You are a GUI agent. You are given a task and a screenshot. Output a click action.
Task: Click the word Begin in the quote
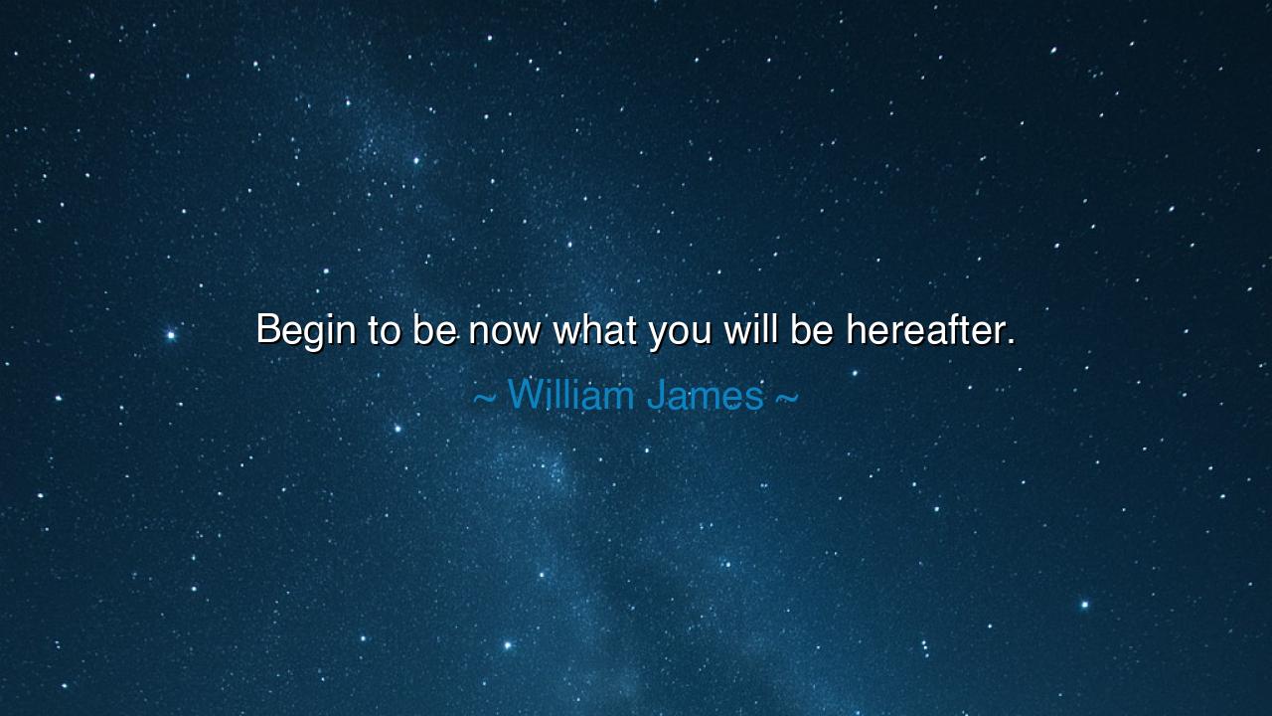[x=305, y=330]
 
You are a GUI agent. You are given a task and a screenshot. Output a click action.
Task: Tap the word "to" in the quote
[x=384, y=330]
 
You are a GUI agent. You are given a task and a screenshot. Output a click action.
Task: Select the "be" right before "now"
[x=434, y=330]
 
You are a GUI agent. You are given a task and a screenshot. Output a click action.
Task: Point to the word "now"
[x=505, y=332]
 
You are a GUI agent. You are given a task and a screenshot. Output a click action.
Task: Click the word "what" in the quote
[x=594, y=330]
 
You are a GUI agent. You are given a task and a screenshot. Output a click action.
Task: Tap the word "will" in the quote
[x=751, y=330]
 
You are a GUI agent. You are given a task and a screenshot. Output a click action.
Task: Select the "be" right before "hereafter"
[x=812, y=330]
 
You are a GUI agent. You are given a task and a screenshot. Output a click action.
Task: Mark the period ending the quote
[x=1011, y=343]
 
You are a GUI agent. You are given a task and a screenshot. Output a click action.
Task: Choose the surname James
[x=705, y=396]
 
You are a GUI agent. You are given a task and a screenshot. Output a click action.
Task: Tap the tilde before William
[x=484, y=398]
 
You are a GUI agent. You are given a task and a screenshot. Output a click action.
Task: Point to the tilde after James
[x=786, y=398]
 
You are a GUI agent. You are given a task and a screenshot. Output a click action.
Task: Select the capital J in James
[x=657, y=396]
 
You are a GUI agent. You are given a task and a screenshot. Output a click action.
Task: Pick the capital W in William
[x=525, y=396]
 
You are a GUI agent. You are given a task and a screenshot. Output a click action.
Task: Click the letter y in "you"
[x=659, y=334]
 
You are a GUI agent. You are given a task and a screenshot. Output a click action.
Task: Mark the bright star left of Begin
[x=171, y=335]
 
